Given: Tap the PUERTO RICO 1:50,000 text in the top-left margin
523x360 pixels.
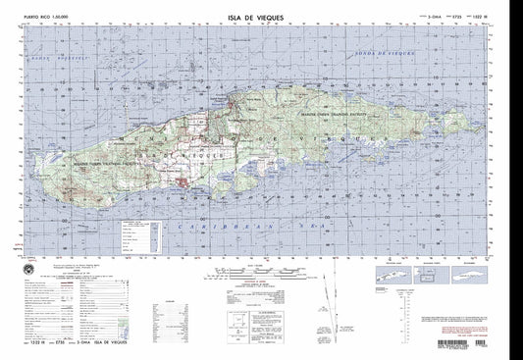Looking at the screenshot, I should coord(32,17).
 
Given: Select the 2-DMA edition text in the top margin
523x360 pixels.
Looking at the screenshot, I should coord(432,17).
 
